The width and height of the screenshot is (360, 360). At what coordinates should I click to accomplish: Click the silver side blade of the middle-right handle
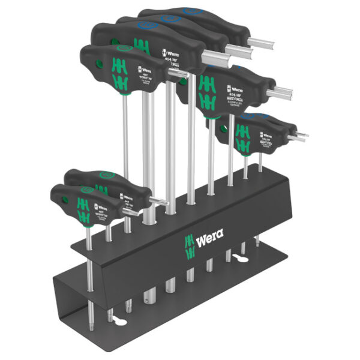tap(282, 94)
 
